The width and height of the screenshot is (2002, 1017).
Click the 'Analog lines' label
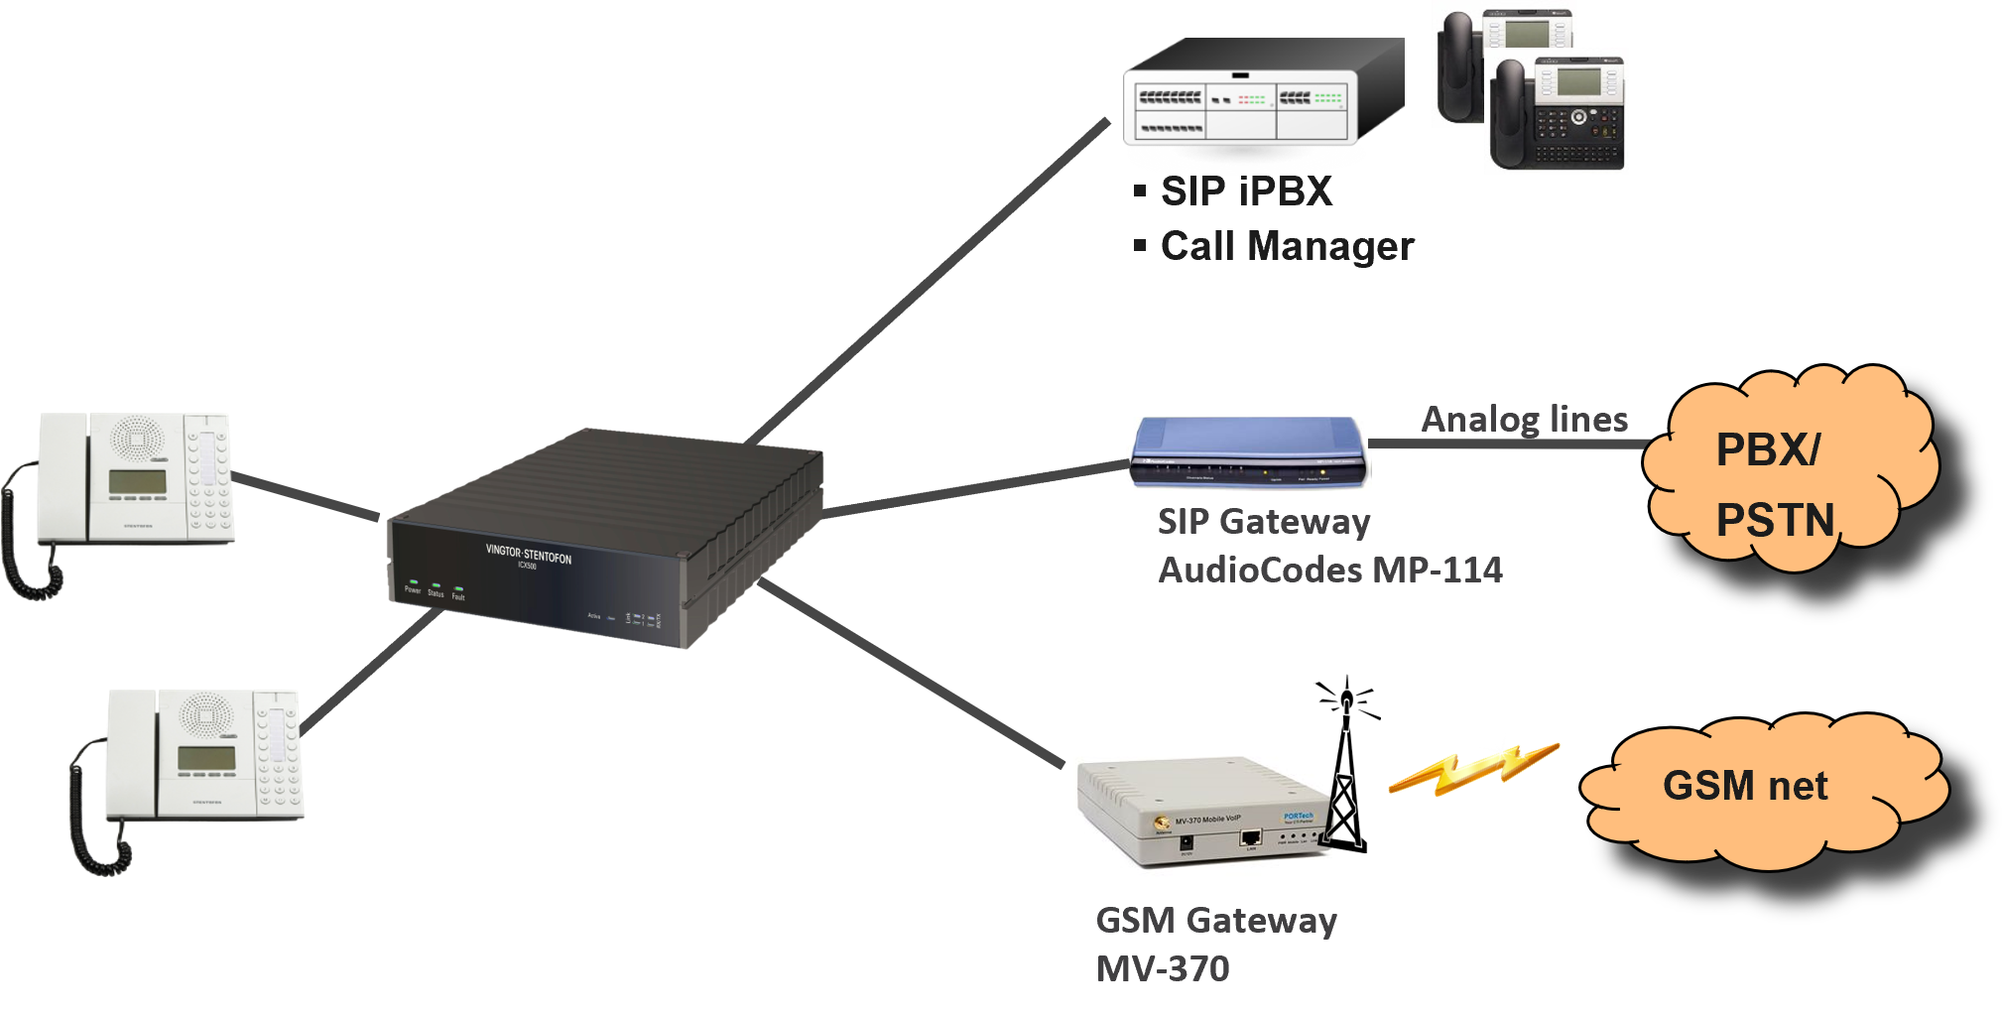click(x=1524, y=419)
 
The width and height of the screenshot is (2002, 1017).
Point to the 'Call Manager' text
click(x=1287, y=246)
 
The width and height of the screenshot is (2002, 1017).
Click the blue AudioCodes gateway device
click(x=1248, y=453)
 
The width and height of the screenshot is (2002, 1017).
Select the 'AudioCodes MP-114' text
click(x=1330, y=571)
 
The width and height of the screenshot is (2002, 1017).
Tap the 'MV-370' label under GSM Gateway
click(x=1163, y=968)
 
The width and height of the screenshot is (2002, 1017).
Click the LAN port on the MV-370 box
click(x=1250, y=839)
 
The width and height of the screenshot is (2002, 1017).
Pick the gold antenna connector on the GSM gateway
click(x=1159, y=825)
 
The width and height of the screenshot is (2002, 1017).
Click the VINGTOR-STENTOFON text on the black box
click(x=528, y=554)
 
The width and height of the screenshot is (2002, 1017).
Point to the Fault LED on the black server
click(x=458, y=587)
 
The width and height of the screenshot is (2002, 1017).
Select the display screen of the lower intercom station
click(x=206, y=758)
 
